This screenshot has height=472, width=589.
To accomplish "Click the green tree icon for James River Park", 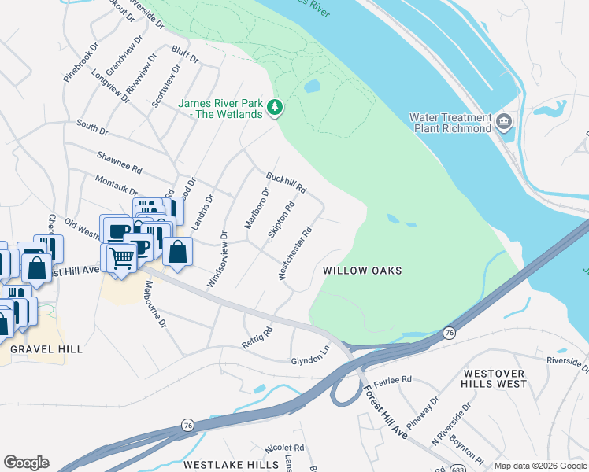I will point(274,107).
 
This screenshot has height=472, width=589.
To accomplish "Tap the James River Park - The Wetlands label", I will point(220,109).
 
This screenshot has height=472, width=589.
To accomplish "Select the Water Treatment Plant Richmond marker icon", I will point(505,123).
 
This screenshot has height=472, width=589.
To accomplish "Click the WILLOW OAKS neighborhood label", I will point(362,271).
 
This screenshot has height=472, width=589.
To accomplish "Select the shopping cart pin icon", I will point(120,256).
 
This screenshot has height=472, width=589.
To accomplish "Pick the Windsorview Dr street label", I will point(217,260).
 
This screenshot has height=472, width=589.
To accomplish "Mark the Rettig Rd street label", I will point(257,337).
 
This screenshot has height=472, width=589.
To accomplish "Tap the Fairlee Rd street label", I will point(393,380).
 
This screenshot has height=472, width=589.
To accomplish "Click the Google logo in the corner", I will point(26,463).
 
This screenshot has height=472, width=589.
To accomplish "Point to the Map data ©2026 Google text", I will point(539,466).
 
